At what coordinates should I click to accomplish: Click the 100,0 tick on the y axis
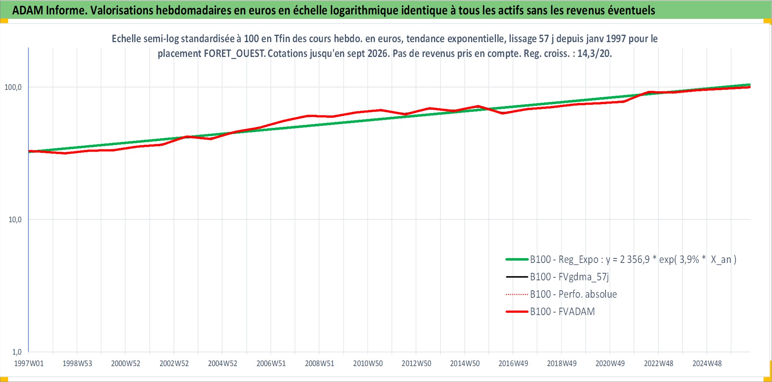[x=13, y=87]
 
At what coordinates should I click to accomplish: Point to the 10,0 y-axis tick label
[x=15, y=220]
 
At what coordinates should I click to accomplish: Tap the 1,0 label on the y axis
[x=17, y=352]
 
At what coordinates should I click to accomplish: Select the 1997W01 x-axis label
[x=29, y=364]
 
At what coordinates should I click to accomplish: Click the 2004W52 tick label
[x=222, y=364]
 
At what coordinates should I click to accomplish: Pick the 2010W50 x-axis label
[x=368, y=364]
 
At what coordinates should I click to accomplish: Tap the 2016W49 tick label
[x=513, y=364]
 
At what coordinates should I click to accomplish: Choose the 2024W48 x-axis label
[x=707, y=364]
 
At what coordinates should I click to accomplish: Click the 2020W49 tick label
[x=610, y=364]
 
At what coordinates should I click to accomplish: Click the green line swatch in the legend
[x=517, y=260]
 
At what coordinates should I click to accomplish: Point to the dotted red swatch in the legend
[x=517, y=294]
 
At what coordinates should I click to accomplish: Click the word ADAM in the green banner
[x=28, y=10]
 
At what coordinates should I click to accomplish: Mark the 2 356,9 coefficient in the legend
[x=635, y=260]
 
